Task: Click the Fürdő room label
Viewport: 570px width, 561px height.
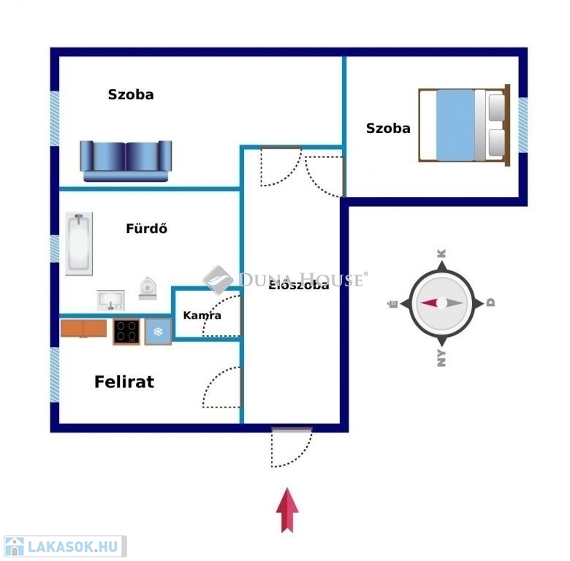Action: pos(146,228)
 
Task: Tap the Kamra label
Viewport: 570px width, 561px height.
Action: pos(202,316)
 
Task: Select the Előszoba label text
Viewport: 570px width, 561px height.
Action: pos(299,285)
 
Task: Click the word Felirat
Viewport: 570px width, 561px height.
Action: pos(124,382)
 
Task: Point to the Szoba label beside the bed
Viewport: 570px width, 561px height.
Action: pos(388,129)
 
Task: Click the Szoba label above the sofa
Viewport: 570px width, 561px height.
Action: pos(131,94)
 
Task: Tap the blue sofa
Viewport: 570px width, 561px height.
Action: pos(126,161)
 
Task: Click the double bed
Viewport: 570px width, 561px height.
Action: pos(464,125)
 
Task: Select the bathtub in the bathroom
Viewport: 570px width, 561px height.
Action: pos(79,244)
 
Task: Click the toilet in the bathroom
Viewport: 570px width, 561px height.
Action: pos(148,289)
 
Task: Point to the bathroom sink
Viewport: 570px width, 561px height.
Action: pos(111,300)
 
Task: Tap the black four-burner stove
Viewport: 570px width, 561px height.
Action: pos(126,332)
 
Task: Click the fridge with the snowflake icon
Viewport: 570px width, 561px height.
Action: pos(158,332)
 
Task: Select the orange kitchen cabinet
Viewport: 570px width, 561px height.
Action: pos(83,329)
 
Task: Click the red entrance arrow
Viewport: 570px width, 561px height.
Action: pos(287,510)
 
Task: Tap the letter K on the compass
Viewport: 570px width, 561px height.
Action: pos(441,253)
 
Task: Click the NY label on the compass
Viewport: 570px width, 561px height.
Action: pos(441,358)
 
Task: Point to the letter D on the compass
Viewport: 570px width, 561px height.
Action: pos(490,302)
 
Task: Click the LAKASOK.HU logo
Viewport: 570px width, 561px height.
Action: pos(65,546)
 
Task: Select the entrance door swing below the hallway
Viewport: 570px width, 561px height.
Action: pos(292,447)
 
